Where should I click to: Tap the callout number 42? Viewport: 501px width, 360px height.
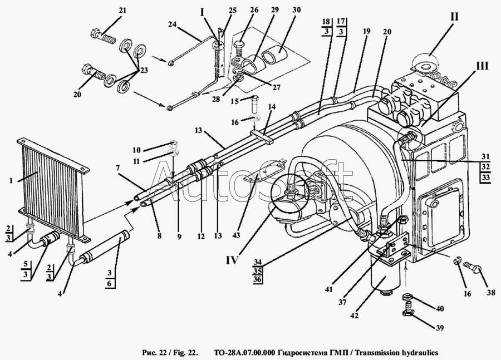tap(355, 315)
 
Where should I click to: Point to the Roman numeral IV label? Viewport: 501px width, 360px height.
tap(232, 260)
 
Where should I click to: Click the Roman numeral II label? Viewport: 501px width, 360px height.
tap(454, 17)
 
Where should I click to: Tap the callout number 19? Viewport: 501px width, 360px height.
tap(366, 31)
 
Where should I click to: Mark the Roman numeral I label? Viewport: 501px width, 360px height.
tap(202, 13)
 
